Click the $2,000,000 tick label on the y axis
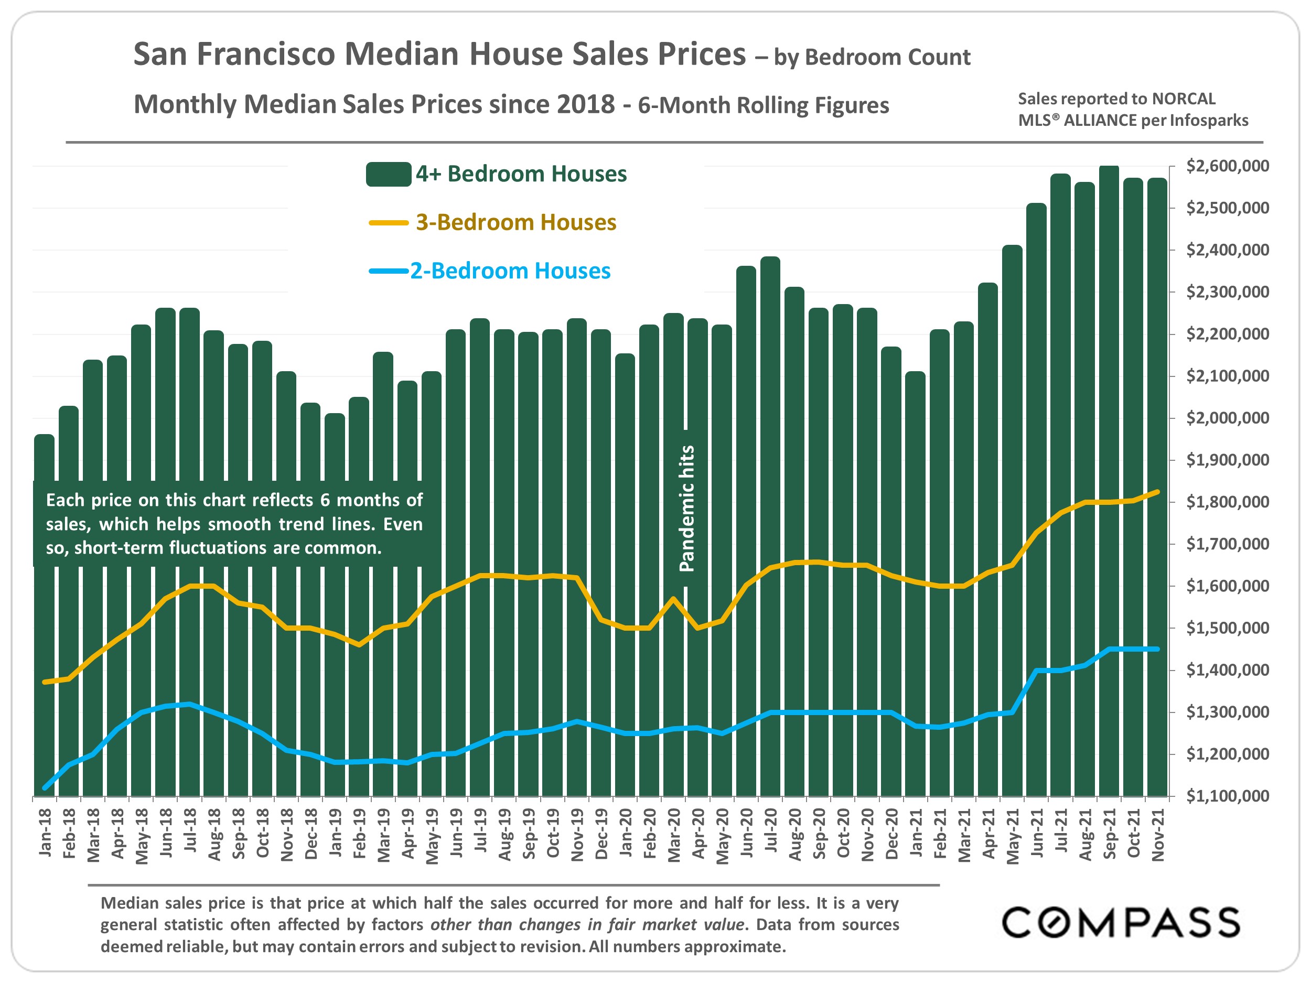click(x=1228, y=418)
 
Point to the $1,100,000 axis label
click(x=1228, y=796)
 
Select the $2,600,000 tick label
click(x=1228, y=166)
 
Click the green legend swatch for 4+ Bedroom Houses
click(x=388, y=174)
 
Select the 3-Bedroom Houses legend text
click(x=515, y=222)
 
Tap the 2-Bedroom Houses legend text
click(x=510, y=271)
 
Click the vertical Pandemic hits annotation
click(x=686, y=509)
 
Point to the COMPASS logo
click(x=1120, y=923)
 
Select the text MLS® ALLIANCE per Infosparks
click(x=1133, y=120)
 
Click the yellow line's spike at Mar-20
click(x=673, y=599)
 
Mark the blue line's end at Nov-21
click(x=1157, y=650)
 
